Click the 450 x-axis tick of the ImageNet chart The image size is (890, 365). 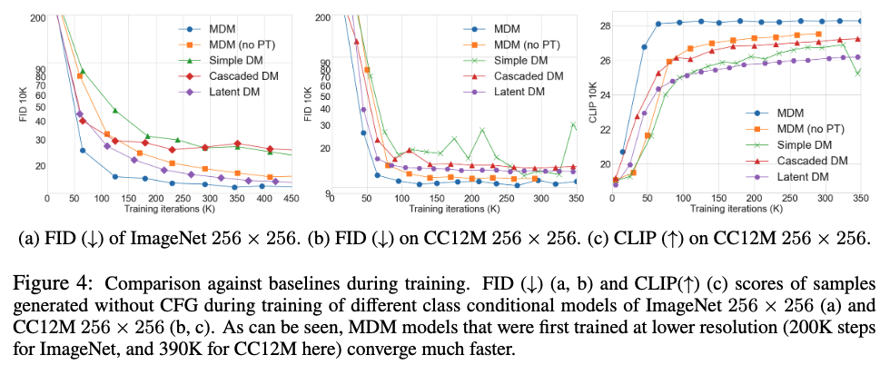pos(290,198)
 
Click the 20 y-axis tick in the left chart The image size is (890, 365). pos(39,165)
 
